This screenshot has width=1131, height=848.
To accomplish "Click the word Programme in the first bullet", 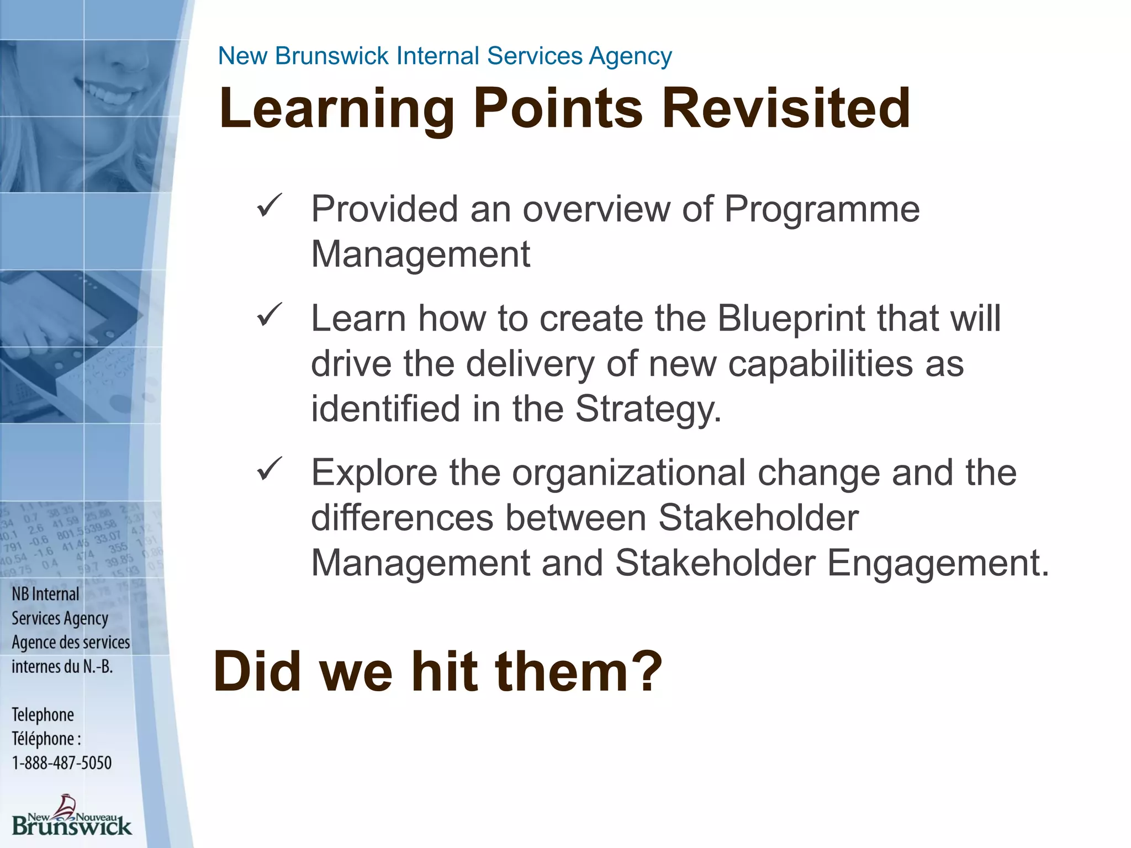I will coord(822,210).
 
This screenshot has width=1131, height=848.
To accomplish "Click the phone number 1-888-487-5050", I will coord(62,763).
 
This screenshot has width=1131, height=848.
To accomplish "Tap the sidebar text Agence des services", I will coord(71,643).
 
